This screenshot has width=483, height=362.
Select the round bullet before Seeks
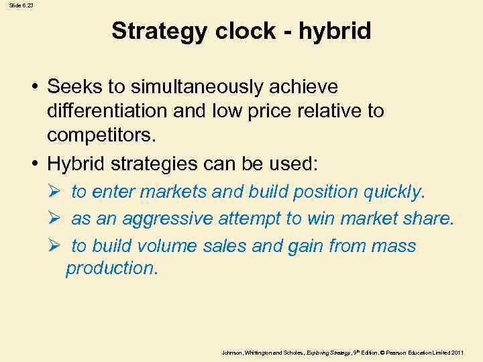point(34,88)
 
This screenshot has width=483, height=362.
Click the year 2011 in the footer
point(457,352)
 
